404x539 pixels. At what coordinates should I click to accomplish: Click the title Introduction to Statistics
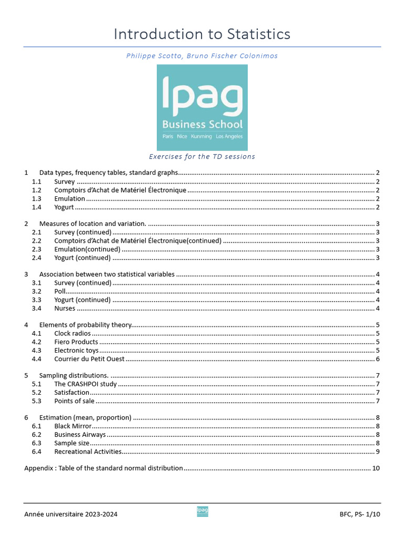click(x=202, y=34)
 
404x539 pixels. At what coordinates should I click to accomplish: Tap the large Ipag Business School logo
click(x=202, y=107)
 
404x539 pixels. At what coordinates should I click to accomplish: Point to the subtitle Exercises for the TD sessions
click(x=202, y=156)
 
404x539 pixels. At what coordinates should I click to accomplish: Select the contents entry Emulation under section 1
click(x=69, y=198)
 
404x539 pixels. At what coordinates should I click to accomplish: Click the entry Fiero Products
click(x=76, y=342)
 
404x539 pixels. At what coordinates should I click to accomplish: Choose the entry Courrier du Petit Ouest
click(x=89, y=359)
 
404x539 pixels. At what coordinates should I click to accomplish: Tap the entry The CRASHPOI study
click(x=86, y=384)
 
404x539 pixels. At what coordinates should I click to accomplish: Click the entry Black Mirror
click(x=73, y=426)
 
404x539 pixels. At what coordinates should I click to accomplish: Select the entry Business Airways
click(x=80, y=435)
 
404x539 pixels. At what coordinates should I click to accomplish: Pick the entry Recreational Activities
click(x=88, y=452)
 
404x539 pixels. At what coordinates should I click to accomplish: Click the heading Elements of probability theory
click(x=86, y=325)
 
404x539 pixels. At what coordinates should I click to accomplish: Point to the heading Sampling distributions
click(x=74, y=376)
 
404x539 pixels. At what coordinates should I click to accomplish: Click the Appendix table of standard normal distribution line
click(x=104, y=468)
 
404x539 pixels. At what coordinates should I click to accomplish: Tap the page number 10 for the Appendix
click(x=376, y=468)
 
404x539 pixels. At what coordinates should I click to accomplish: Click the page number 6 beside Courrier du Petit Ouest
click(x=378, y=359)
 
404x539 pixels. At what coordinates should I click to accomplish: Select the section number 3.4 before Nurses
click(x=36, y=308)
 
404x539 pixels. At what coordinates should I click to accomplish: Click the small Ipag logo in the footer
click(x=202, y=511)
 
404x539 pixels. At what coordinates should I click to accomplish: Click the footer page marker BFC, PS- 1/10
click(x=359, y=514)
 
